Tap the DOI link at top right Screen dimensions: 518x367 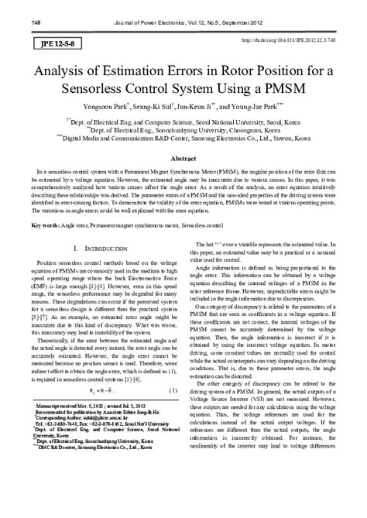click(295, 39)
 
